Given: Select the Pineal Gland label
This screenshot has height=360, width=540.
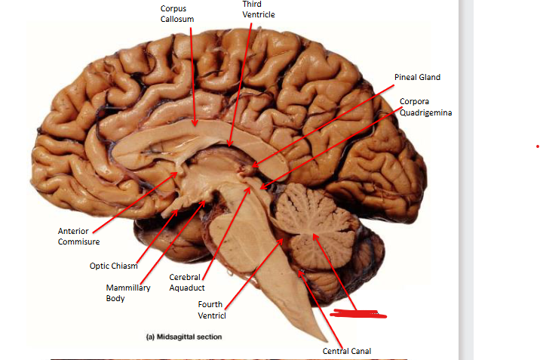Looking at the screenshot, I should pos(417,77).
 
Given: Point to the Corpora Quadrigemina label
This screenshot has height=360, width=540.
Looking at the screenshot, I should pos(426,107).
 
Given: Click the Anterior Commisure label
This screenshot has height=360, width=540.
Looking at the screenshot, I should pos(78,236).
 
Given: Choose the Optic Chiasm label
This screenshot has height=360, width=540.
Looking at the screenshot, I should pos(114,266).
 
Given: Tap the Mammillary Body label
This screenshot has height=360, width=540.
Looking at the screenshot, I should pos(128,293).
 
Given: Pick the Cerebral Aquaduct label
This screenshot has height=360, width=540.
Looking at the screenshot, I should pos(186,282).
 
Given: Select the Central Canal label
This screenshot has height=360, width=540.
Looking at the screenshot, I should pos(346,351).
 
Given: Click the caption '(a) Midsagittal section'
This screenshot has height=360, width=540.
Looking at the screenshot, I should pos(184,337).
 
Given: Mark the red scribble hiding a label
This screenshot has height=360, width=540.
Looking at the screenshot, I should pos(359,312).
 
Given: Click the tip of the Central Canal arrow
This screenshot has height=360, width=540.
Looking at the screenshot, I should pos(301,270).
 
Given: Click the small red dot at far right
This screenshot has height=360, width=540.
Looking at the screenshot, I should pos(537,146).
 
